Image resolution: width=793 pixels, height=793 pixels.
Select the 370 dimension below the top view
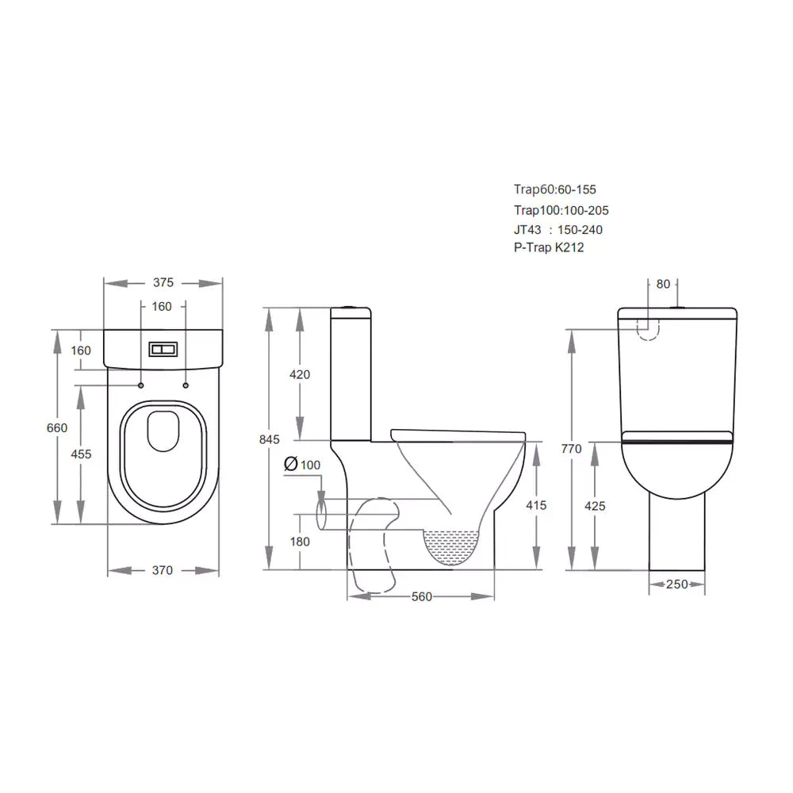click(x=162, y=570)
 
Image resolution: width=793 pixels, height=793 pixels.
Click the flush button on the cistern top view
click(x=163, y=348)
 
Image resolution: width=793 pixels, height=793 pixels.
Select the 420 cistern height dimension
click(x=300, y=374)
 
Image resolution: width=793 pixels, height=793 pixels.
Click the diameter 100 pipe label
click(x=302, y=465)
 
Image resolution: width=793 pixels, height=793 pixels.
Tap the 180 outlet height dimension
click(x=300, y=542)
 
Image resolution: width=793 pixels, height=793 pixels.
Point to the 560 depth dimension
click(x=422, y=596)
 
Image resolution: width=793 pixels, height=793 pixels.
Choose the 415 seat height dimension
click(x=536, y=504)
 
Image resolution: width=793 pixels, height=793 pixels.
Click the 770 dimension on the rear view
click(x=572, y=449)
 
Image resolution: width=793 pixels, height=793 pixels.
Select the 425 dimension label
click(x=596, y=506)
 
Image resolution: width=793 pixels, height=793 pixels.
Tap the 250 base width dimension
click(x=676, y=584)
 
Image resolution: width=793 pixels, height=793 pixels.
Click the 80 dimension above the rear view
click(x=663, y=284)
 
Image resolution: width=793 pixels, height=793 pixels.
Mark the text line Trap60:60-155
click(x=554, y=190)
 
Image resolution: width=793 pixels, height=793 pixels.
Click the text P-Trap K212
click(x=550, y=247)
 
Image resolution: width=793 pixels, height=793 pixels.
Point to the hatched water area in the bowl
click(x=454, y=547)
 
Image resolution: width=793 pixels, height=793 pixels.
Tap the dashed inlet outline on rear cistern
click(x=648, y=328)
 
